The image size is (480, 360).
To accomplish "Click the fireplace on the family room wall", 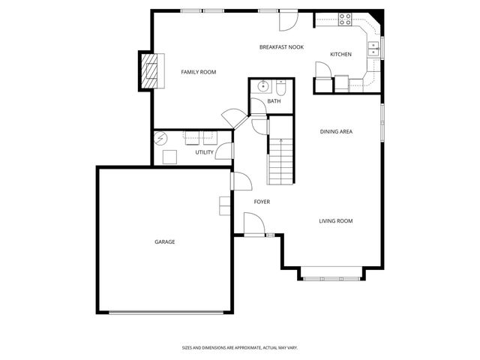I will pyautogui.click(x=151, y=70).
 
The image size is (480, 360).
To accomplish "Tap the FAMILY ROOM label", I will pyautogui.click(x=198, y=72).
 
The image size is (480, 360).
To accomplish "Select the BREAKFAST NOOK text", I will pyautogui.click(x=280, y=47).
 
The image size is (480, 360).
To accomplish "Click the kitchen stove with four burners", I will pyautogui.click(x=345, y=19).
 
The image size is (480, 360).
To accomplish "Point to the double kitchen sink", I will pyautogui.click(x=373, y=49).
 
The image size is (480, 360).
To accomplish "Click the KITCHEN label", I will pyautogui.click(x=340, y=54).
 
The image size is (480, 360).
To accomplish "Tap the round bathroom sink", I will pyautogui.click(x=263, y=86).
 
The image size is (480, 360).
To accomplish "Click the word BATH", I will pyautogui.click(x=274, y=101).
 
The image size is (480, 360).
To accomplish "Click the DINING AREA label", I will pyautogui.click(x=336, y=132).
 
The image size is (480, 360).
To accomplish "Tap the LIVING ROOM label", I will pyautogui.click(x=335, y=220).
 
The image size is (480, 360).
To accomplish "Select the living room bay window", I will pyautogui.click(x=332, y=278).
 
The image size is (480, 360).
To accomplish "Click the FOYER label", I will pyautogui.click(x=262, y=202).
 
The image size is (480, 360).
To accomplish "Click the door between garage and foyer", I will pyautogui.click(x=240, y=181).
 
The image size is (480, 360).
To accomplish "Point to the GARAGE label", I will pyautogui.click(x=165, y=241).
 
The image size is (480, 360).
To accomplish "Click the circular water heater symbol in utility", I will pyautogui.click(x=160, y=139).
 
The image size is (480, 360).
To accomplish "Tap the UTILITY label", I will pyautogui.click(x=204, y=152).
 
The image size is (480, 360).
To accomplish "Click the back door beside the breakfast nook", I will pyautogui.click(x=287, y=21).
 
